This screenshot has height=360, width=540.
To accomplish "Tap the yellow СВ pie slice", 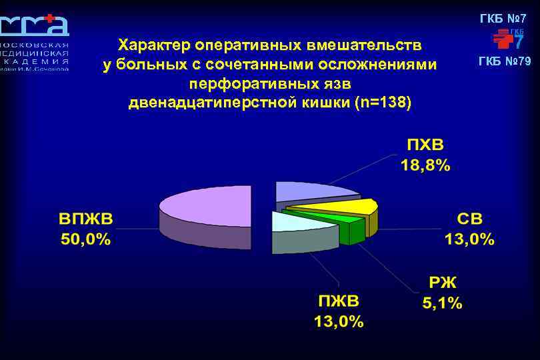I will click(x=347, y=207).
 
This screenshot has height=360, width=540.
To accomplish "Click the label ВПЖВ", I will click(x=86, y=219).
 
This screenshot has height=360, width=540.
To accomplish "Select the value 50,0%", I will click(x=86, y=240).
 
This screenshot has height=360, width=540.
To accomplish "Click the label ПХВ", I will click(x=425, y=145).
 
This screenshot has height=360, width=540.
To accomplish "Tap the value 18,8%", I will click(x=425, y=166).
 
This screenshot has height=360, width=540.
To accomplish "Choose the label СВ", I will click(x=469, y=219).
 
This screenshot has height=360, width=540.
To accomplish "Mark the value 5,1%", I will click(x=442, y=303).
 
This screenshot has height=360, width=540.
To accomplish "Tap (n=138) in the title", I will click(x=383, y=103).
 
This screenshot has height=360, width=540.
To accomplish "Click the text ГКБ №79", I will click(x=505, y=62).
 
